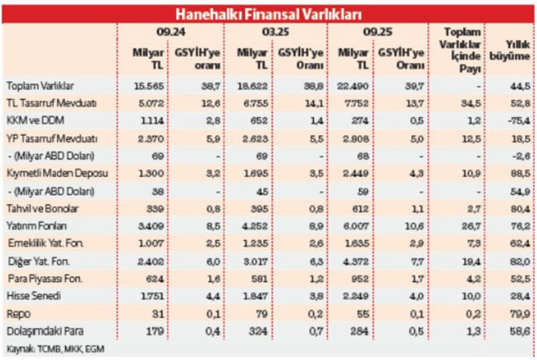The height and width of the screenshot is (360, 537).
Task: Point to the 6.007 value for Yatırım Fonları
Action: click(x=353, y=227)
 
